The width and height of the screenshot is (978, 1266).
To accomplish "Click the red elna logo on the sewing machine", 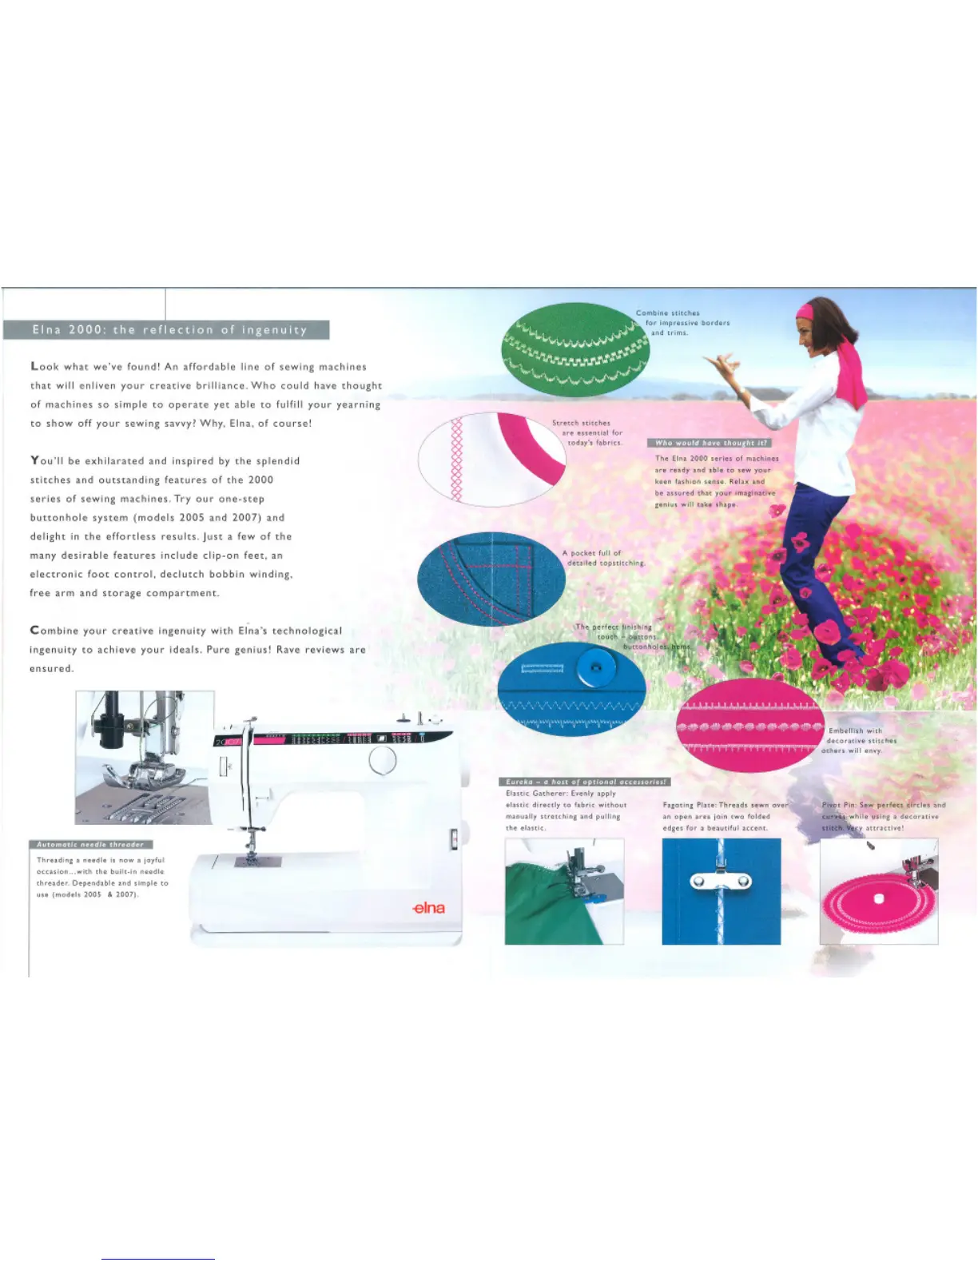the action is click(429, 909).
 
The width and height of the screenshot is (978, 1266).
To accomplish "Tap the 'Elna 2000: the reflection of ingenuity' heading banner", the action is click(167, 330).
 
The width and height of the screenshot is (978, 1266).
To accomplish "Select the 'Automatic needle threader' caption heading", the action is click(90, 844).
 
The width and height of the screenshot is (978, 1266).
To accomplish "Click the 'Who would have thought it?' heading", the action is click(710, 443).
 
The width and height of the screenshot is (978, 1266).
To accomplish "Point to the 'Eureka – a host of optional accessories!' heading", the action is click(585, 782).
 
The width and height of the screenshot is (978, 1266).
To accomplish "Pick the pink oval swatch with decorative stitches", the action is click(749, 726).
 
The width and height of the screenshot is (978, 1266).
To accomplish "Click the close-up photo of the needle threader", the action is click(145, 757).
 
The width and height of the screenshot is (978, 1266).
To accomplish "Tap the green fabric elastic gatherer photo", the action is click(564, 891).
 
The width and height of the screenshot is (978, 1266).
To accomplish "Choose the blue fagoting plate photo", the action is click(721, 891).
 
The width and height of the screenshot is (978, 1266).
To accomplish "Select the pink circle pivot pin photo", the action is click(879, 892).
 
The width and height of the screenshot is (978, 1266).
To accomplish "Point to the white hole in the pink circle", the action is click(879, 899).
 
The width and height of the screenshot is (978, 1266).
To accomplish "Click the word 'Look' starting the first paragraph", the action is click(45, 367).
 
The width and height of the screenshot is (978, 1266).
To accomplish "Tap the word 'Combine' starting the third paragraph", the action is click(54, 631).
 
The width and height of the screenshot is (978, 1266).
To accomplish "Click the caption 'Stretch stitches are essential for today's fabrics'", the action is click(587, 432).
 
